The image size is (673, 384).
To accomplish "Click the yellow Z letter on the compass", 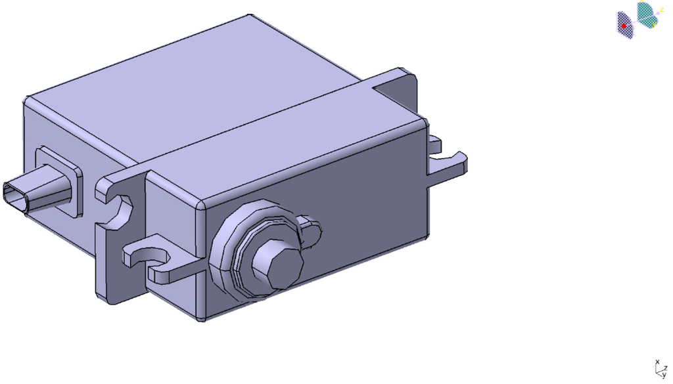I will pyautogui.click(x=662, y=10).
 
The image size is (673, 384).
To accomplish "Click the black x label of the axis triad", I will pyautogui.click(x=657, y=362).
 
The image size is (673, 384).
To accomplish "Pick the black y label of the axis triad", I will pyautogui.click(x=664, y=375).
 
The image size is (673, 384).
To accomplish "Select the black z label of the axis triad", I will pyautogui.click(x=666, y=368).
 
